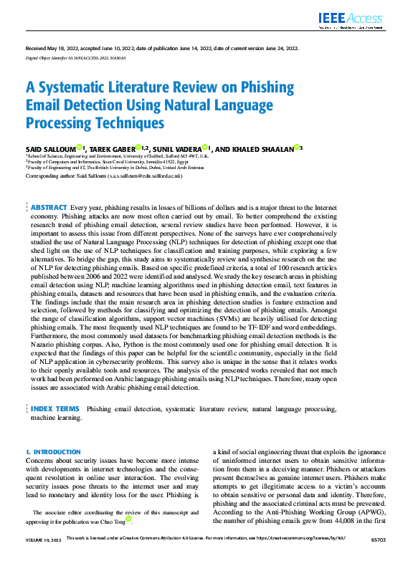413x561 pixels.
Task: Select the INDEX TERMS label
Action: [54, 408]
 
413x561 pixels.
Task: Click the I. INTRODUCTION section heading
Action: [53, 452]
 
